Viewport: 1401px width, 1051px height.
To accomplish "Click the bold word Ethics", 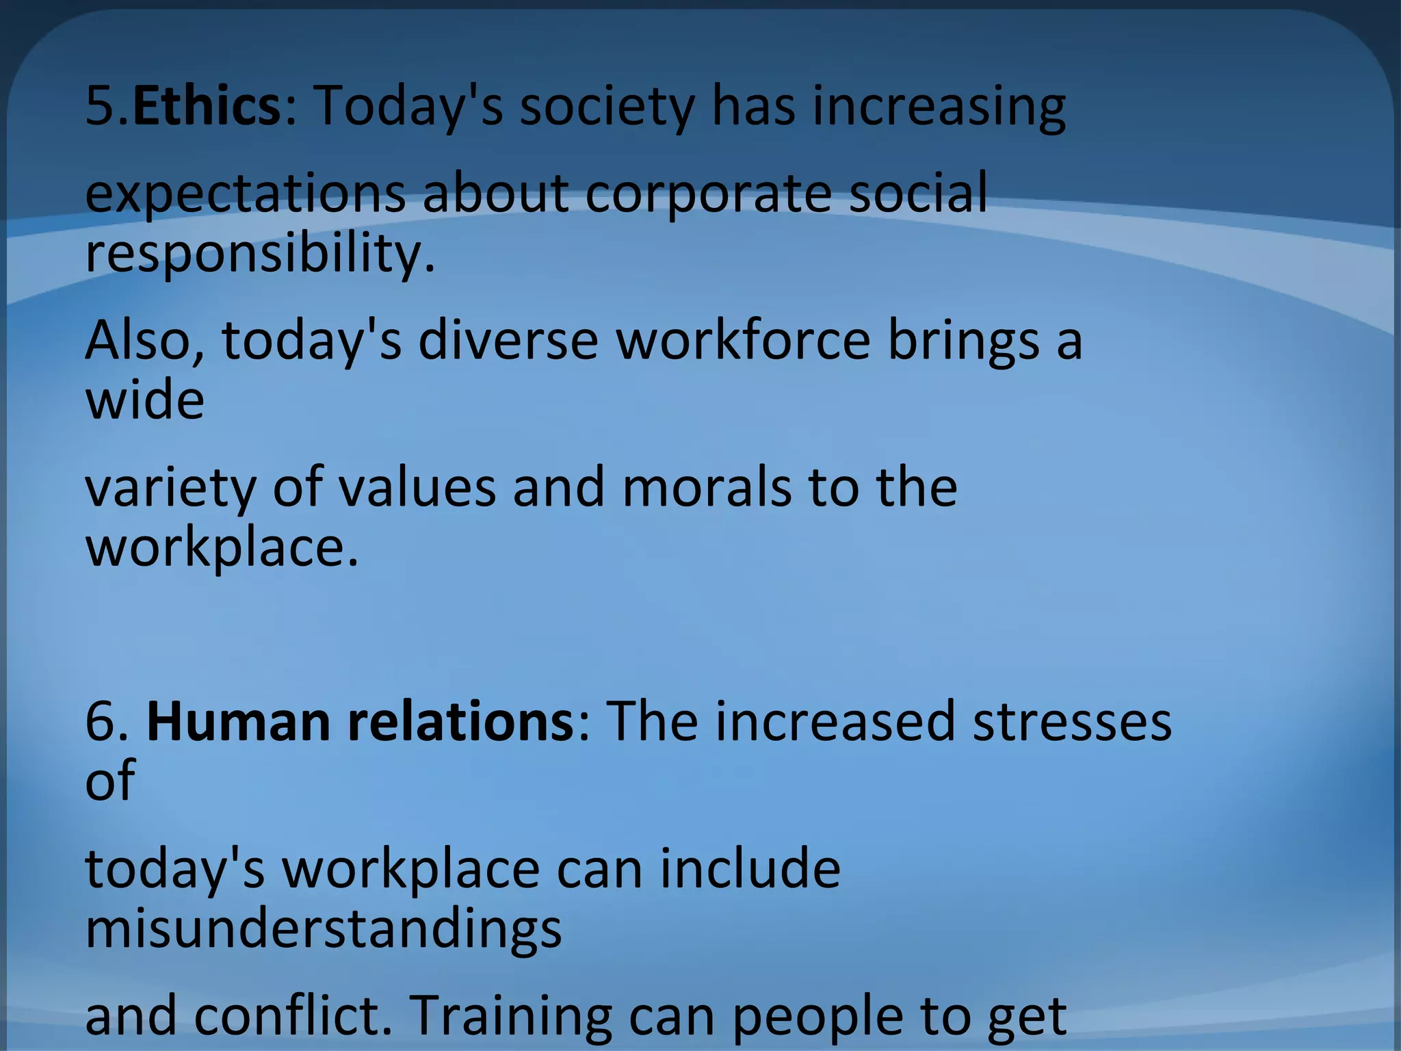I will [x=205, y=106].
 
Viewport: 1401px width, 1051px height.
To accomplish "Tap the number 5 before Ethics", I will [x=101, y=106].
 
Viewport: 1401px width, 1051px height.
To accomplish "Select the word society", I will [x=606, y=107].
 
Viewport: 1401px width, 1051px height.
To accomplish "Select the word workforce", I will [x=743, y=340].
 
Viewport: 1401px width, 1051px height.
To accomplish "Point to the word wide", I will [x=144, y=400].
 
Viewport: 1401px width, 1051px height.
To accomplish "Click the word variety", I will [x=170, y=489].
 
